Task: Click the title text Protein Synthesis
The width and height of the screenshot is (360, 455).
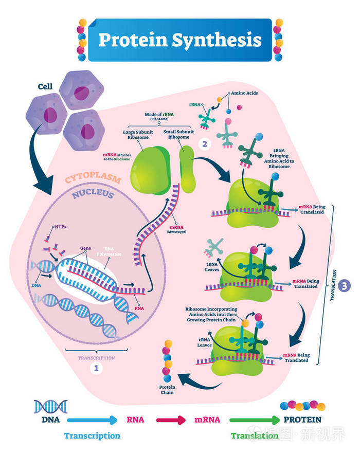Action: (x=179, y=40)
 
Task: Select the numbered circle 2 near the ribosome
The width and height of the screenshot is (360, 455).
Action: (x=205, y=144)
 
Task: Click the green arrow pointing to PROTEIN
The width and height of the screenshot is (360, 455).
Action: (x=249, y=420)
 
